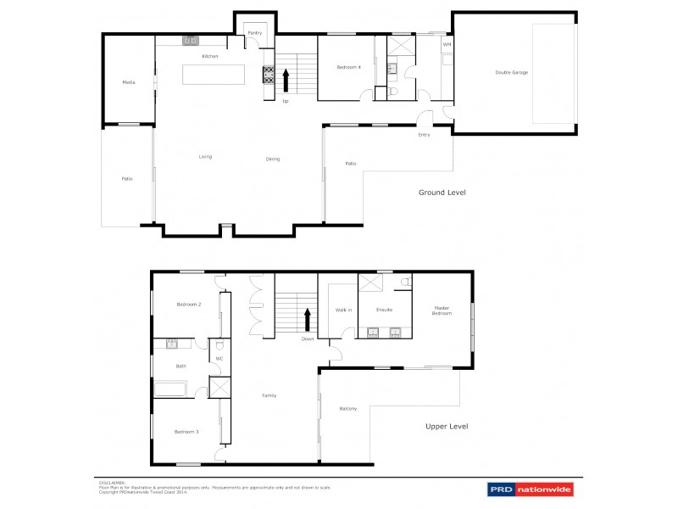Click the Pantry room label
click(x=253, y=33)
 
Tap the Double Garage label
click(x=511, y=73)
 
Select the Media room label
click(x=129, y=82)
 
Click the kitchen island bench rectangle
click(x=214, y=74)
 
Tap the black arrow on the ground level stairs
click(x=286, y=80)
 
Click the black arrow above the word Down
click(x=307, y=320)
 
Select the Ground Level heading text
click(x=442, y=193)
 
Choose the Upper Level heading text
click(x=447, y=427)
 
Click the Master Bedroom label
click(x=442, y=310)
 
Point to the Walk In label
click(x=343, y=310)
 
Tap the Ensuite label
click(x=384, y=310)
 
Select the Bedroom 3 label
click(x=186, y=432)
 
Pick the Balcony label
click(x=347, y=409)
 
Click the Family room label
click(x=270, y=395)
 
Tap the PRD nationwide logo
click(x=530, y=489)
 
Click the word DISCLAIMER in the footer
click(x=111, y=481)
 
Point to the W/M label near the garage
click(x=447, y=44)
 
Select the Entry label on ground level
click(x=424, y=135)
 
